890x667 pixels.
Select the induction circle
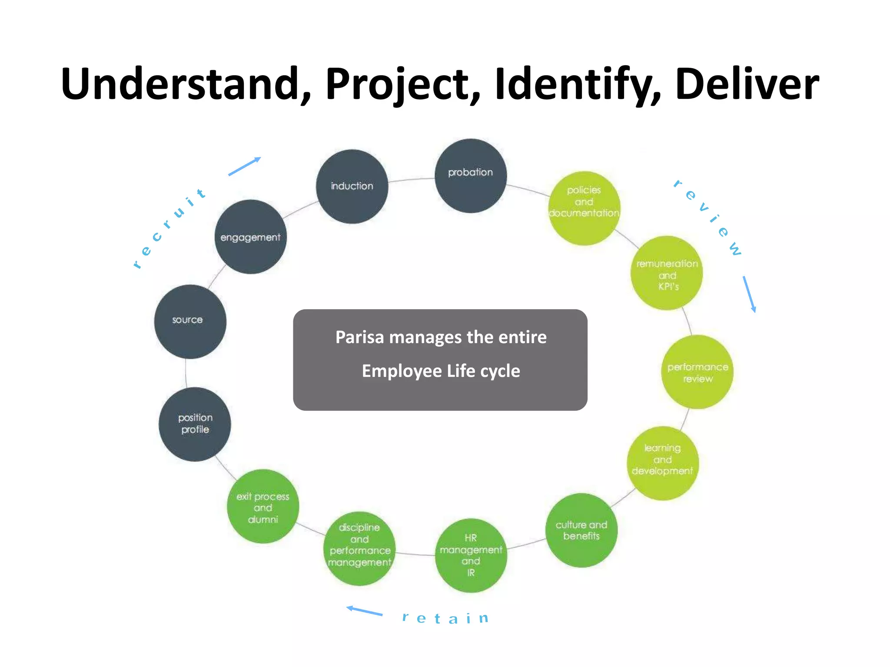[x=352, y=186]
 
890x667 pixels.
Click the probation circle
[x=471, y=175]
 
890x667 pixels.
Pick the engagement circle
[x=251, y=237]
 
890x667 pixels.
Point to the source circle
[x=190, y=321]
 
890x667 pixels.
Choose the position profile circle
[x=195, y=424]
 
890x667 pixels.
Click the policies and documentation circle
[x=584, y=208]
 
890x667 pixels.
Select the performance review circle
[x=697, y=372]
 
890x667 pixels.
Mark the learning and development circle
[x=663, y=463]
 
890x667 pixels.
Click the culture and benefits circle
[x=581, y=530]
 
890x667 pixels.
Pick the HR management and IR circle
[x=471, y=555]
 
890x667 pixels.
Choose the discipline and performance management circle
[x=360, y=548]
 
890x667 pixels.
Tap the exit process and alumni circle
[x=263, y=506]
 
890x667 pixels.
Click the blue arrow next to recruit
[x=244, y=166]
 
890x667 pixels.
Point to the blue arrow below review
[x=749, y=294]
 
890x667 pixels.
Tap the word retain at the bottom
[x=445, y=618]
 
